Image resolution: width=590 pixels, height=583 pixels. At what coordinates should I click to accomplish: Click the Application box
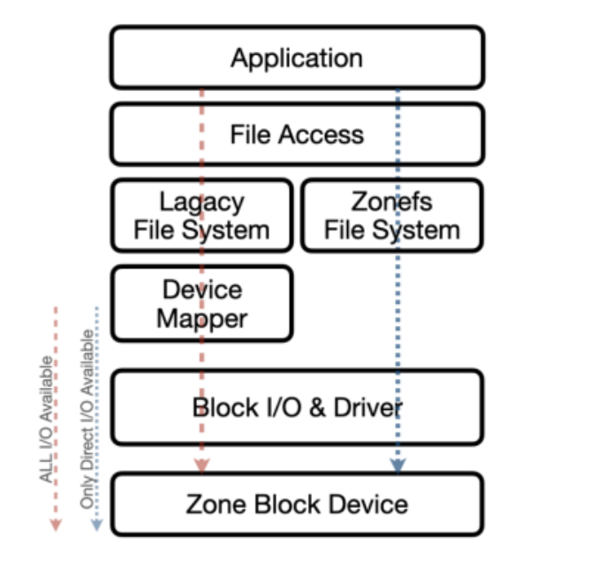pos(297,58)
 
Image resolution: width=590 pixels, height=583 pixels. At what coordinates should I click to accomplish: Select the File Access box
pos(297,134)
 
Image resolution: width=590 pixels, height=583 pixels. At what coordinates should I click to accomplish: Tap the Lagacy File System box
pos(201,216)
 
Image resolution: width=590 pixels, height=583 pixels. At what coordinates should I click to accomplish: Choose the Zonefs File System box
pos(392,216)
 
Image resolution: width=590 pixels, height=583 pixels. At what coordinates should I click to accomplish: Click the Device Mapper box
pos(201,304)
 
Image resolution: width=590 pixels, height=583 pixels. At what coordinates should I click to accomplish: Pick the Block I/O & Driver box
pos(297,407)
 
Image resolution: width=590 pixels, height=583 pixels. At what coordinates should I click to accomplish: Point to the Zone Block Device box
pos(297,504)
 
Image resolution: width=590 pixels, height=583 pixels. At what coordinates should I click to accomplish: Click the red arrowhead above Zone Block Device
pos(201,465)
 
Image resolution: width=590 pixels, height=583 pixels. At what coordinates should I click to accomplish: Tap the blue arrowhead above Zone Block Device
pos(397,465)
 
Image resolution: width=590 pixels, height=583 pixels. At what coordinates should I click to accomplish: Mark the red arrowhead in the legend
pos(56,524)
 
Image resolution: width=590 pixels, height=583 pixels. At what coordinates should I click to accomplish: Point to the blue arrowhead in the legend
pos(96,524)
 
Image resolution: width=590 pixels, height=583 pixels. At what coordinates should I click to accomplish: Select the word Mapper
pos(201,318)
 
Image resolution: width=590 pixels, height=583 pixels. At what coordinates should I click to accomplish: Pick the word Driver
pos(367,407)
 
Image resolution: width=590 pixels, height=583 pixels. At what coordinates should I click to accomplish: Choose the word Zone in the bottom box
pos(217,504)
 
